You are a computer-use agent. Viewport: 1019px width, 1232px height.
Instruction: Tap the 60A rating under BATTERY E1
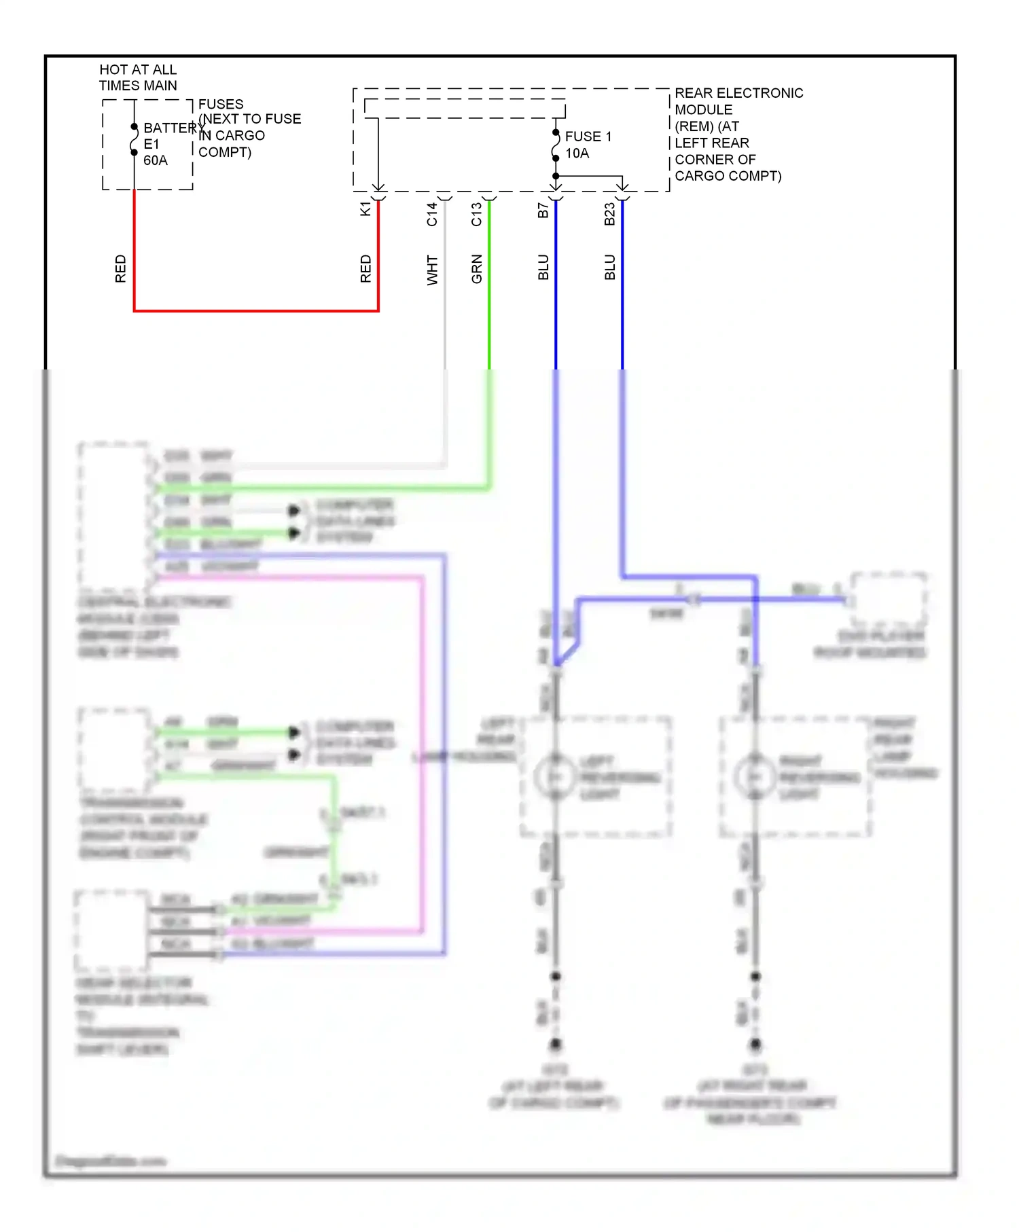coord(155,160)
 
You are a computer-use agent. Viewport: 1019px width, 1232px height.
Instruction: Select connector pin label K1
coord(365,209)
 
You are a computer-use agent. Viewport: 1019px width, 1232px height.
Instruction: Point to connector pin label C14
coord(432,214)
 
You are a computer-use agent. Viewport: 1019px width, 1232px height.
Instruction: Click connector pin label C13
coord(476,214)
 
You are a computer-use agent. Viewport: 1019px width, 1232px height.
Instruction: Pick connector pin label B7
coord(543,211)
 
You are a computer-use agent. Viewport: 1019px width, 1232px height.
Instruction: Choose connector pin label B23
coord(609,214)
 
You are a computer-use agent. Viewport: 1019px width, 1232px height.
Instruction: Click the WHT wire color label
coord(432,270)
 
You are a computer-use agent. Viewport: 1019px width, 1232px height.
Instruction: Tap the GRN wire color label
coord(476,269)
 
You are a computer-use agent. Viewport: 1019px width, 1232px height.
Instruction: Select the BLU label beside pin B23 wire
coord(609,268)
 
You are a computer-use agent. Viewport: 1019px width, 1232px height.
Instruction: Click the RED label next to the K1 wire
coord(365,269)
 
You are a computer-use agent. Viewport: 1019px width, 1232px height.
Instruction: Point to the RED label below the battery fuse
coord(120,269)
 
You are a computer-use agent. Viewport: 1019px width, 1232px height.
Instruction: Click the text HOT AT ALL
coord(138,69)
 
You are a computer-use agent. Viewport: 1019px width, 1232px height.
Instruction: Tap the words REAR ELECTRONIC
coord(738,93)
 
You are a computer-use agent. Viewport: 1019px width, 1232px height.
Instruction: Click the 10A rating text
coord(577,153)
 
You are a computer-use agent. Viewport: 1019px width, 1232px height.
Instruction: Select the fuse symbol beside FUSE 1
coord(556,145)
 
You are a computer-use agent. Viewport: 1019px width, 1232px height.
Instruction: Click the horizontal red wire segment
coord(256,311)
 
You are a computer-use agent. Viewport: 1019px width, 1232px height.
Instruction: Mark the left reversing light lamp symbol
coord(555,776)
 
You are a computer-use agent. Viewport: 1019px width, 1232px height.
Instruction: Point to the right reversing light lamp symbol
coord(755,776)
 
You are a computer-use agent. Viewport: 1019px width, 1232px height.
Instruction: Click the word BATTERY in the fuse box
coord(170,128)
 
